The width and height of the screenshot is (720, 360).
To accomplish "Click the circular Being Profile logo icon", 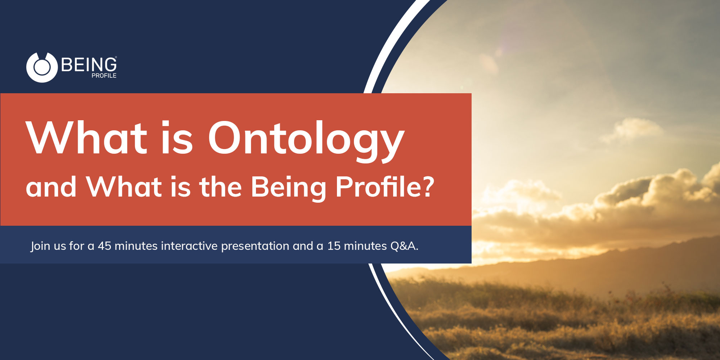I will coord(42,68).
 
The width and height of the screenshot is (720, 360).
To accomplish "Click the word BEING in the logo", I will coord(89,65).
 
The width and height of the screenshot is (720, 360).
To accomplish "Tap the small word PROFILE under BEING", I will coord(104,76).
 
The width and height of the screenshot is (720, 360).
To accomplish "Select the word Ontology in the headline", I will coord(306,139).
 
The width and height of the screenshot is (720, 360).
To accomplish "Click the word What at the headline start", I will coord(86,139).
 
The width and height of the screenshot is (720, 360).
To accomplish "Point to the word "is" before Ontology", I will coord(176,139).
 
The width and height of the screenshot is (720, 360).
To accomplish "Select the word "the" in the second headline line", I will coord(220,187).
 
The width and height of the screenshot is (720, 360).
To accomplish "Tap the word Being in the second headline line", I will coord(288,187).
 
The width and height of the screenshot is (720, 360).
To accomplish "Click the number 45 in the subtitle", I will coord(104,246).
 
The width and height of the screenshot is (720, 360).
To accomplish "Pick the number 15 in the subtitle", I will coord(334,246).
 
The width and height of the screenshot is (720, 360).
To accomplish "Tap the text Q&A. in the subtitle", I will coord(404,246).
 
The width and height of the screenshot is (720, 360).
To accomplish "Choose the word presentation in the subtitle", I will coord(255,246).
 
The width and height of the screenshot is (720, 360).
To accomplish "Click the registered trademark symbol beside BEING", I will coord(116,57).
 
